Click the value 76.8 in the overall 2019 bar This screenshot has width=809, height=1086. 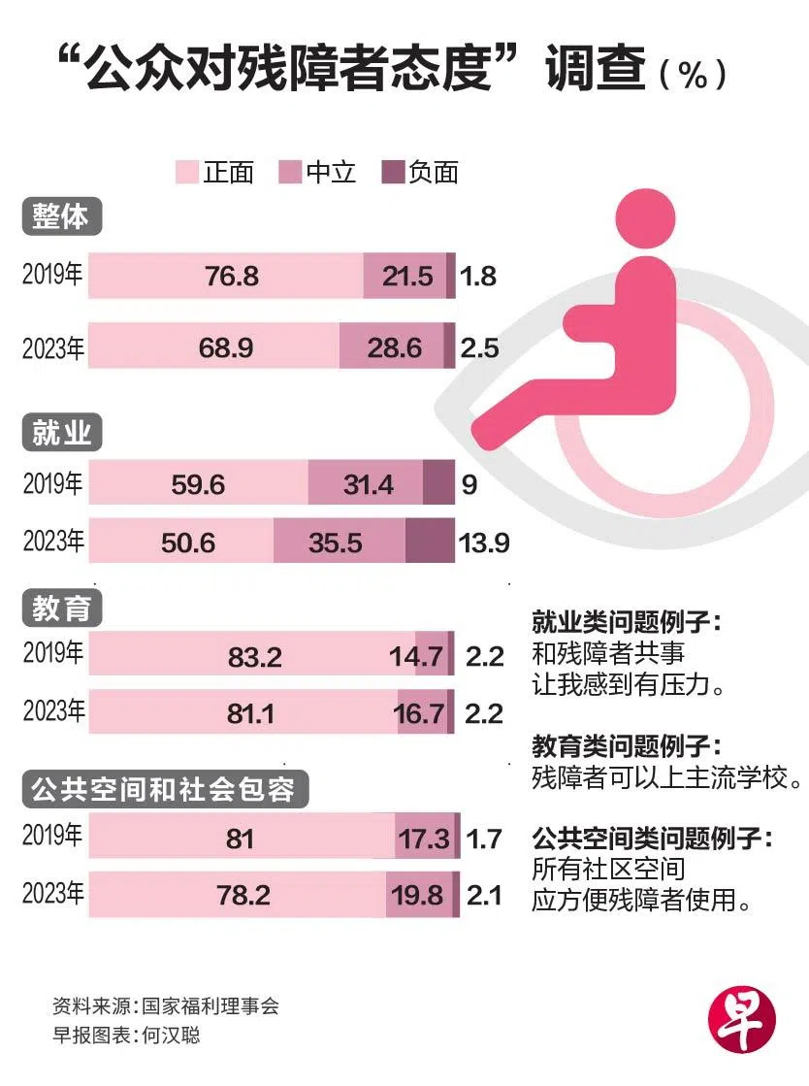point(232,277)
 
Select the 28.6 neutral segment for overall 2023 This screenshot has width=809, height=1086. point(395,346)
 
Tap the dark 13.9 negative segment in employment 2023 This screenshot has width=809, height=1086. point(429,541)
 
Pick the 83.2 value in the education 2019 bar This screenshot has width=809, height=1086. point(254,657)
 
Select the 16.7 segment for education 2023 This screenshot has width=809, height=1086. point(419,715)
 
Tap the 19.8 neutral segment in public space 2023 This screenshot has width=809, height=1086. point(418,896)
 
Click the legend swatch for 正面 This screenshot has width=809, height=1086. point(185,173)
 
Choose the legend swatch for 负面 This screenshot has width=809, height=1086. point(392,173)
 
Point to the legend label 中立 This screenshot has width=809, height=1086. point(331,173)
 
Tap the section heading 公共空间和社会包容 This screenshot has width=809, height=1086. point(164,790)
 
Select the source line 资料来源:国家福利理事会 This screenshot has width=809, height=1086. point(166,1005)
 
